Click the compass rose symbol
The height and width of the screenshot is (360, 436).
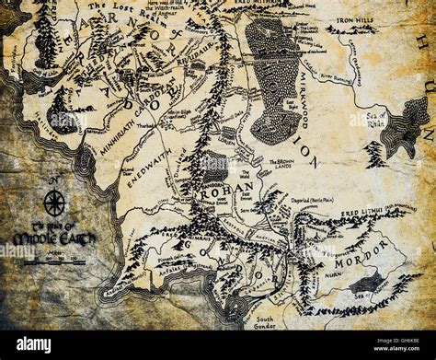(54, 202)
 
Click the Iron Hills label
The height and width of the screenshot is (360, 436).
(359, 17)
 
